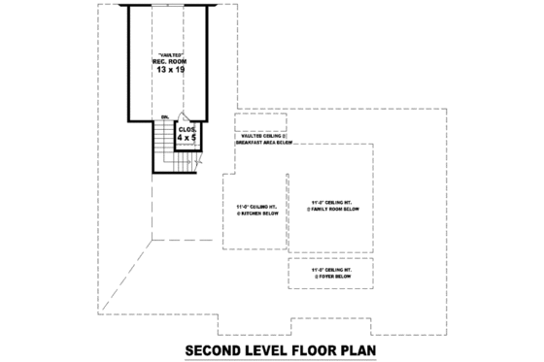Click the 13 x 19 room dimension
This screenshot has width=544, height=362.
pos(168,71)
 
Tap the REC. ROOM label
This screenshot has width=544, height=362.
pos(168,62)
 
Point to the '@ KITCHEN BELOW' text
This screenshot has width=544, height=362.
pos(255,213)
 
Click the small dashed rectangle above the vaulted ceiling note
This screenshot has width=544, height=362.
pos(260,122)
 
